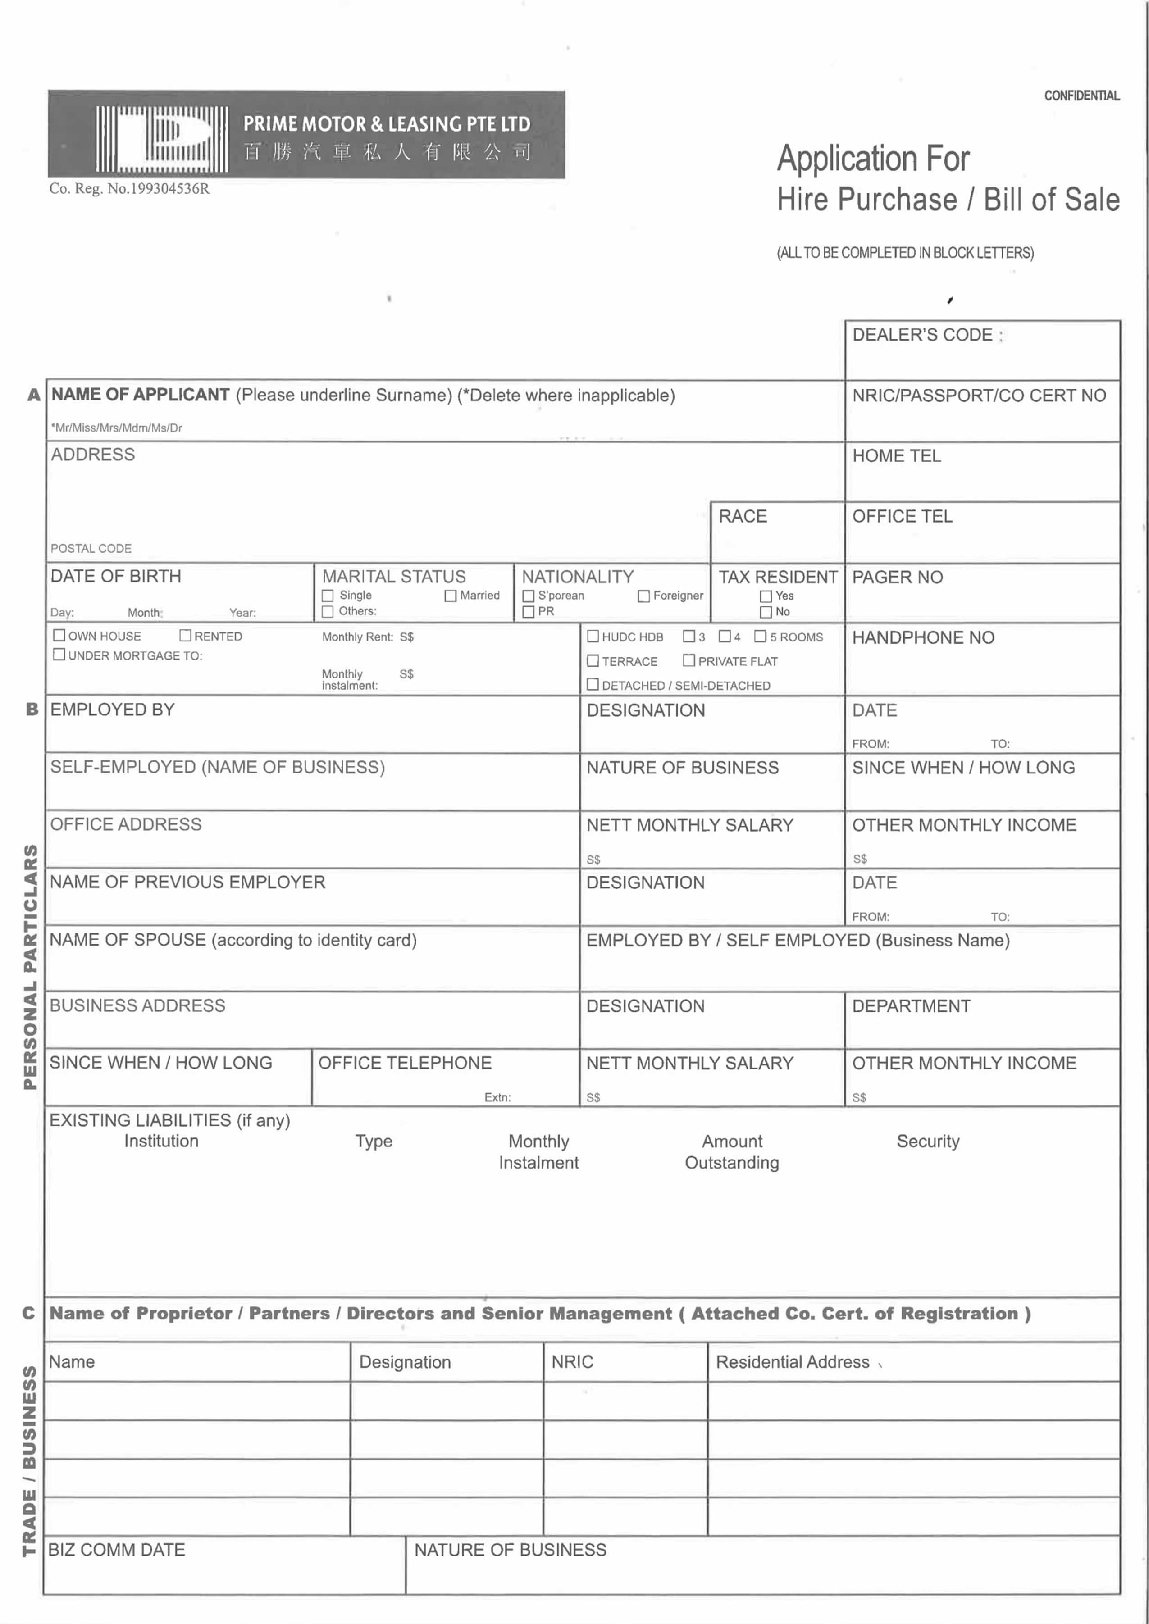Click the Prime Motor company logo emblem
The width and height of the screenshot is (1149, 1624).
click(162, 139)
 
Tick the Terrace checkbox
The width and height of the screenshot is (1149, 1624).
click(593, 660)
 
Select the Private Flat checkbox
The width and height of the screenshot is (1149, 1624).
click(688, 660)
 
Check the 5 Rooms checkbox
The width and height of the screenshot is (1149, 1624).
click(760, 637)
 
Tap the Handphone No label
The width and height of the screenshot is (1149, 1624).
click(923, 638)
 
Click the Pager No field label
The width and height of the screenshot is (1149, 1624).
click(897, 577)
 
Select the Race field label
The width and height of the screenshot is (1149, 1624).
click(743, 516)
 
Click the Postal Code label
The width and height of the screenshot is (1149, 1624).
click(91, 549)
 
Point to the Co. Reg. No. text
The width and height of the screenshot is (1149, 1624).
click(129, 189)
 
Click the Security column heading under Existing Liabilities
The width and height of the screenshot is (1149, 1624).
click(928, 1142)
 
